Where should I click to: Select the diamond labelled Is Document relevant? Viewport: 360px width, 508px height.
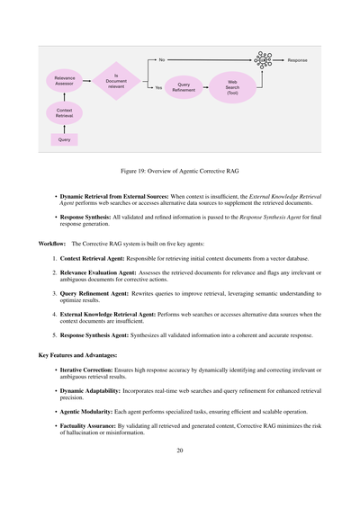(x=116, y=81)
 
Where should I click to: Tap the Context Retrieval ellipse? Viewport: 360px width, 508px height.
(x=64, y=112)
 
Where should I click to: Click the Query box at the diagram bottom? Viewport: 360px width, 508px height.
(x=64, y=139)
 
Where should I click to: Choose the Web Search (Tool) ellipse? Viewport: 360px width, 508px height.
(x=231, y=86)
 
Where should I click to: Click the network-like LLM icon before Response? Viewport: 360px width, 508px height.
(x=264, y=60)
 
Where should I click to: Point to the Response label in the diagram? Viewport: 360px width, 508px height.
(x=297, y=60)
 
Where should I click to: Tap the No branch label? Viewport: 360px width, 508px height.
(x=161, y=60)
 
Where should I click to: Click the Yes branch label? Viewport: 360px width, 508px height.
(x=159, y=87)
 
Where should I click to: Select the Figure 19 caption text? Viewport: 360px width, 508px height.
(x=180, y=169)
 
